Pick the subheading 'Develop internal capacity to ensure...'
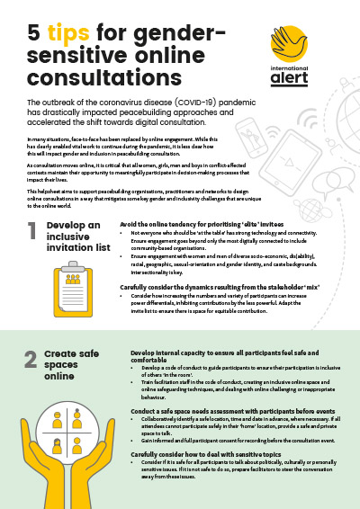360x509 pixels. (x=220, y=356)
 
